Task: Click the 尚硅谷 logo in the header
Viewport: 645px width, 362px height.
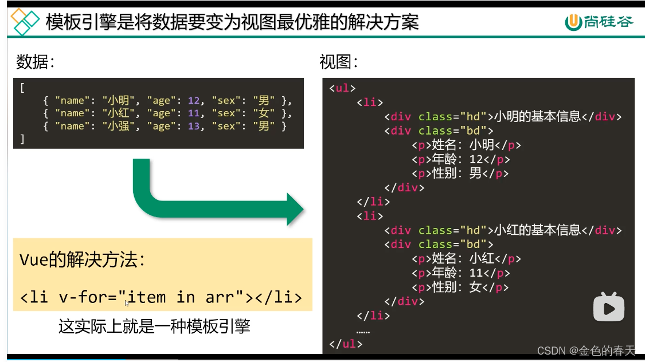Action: click(599, 22)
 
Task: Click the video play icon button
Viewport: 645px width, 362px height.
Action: click(608, 309)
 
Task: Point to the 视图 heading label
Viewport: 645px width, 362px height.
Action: click(339, 62)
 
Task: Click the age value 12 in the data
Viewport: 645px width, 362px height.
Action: click(193, 100)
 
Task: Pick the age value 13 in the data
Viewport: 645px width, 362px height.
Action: click(193, 126)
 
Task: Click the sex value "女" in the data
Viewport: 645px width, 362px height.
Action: click(264, 113)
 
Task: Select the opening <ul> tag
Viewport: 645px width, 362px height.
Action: click(342, 88)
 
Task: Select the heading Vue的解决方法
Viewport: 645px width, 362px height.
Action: click(83, 261)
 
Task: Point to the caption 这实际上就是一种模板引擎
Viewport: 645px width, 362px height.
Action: click(154, 327)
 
